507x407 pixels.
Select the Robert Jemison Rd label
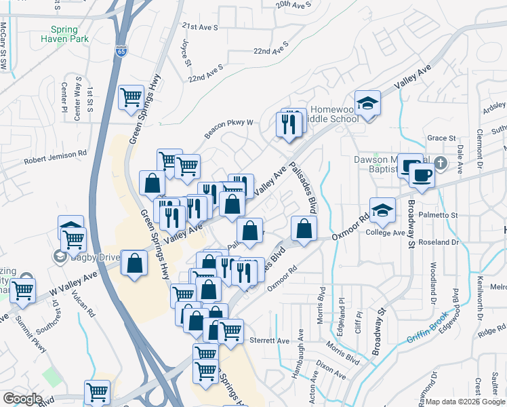(x=56, y=161)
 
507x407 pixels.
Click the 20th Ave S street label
(x=293, y=5)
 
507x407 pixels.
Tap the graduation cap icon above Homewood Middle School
(x=367, y=103)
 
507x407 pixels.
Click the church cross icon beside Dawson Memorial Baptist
(x=441, y=163)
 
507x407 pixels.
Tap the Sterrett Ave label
(x=269, y=341)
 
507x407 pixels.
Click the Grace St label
(x=441, y=138)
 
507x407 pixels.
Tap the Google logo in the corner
(x=22, y=399)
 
